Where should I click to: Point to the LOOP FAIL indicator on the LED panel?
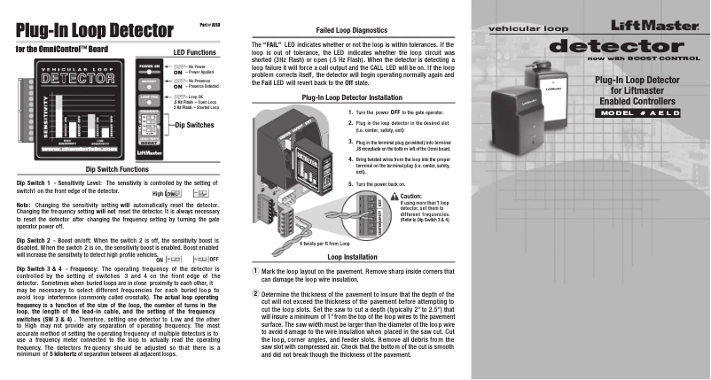click(x=147, y=97)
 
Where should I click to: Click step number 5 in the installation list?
click(x=350, y=183)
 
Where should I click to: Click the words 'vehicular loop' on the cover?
click(x=520, y=29)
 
